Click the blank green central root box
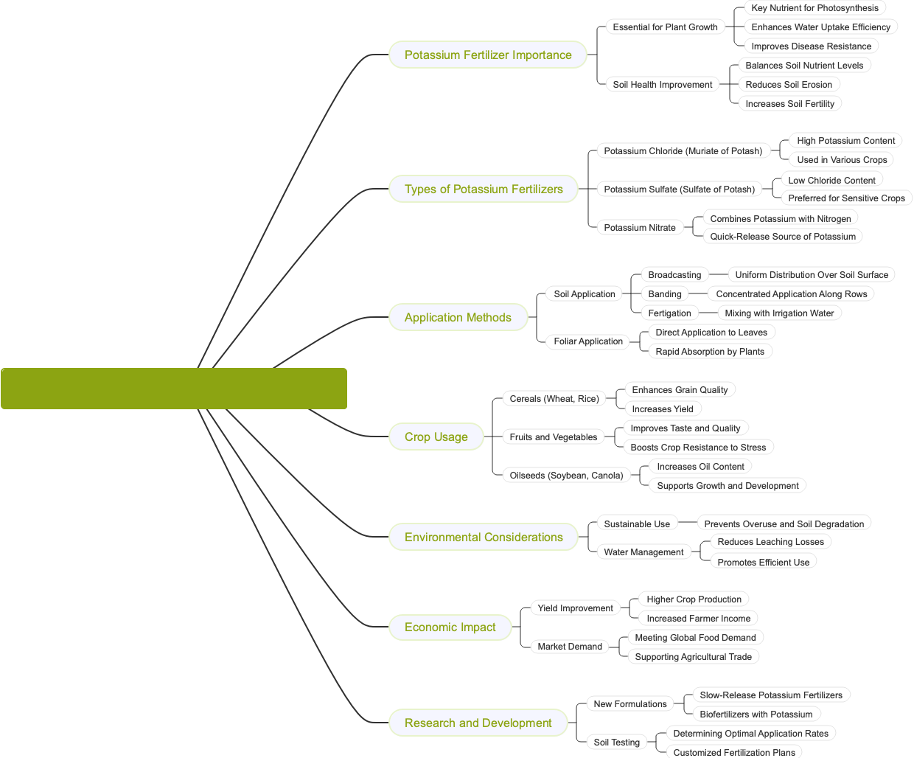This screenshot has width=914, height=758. click(174, 389)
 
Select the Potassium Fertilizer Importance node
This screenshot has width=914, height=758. click(488, 55)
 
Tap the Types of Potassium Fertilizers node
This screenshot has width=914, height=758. click(484, 189)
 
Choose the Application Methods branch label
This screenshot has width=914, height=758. click(458, 318)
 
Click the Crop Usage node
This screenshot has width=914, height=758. click(436, 437)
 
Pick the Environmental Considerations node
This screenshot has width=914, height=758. click(484, 538)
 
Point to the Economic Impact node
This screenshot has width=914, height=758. click(450, 627)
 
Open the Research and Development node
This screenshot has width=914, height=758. click(478, 723)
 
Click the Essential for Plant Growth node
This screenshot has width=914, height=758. click(665, 27)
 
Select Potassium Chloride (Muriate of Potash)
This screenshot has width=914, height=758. click(683, 151)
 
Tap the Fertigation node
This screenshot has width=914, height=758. click(669, 313)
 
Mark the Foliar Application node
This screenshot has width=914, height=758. click(588, 341)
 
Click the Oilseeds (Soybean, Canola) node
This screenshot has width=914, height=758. click(566, 476)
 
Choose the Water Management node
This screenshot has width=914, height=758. click(643, 552)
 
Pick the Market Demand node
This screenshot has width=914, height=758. click(570, 647)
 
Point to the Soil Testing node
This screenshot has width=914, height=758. click(617, 743)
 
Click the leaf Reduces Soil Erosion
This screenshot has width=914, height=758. click(789, 85)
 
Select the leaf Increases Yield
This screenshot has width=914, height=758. click(663, 409)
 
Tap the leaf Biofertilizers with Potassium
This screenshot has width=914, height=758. click(756, 714)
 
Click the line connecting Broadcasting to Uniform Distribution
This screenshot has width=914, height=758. click(719, 274)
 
